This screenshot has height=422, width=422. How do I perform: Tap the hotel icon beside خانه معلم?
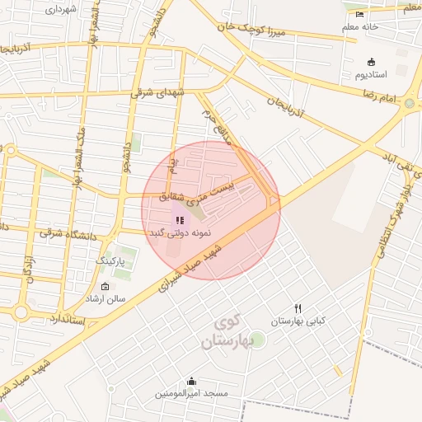point(359,14)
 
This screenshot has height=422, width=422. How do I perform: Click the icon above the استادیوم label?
point(371,62)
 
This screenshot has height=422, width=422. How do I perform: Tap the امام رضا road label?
point(380,97)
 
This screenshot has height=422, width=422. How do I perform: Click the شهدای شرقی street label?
point(159,93)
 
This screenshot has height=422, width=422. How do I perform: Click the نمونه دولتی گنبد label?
point(180,233)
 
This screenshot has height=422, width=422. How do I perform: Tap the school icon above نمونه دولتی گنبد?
point(180,220)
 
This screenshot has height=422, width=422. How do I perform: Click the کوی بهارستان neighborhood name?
point(225,331)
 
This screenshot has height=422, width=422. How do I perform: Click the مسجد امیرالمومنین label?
point(192,394)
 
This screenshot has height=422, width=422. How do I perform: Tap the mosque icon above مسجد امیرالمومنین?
point(192,381)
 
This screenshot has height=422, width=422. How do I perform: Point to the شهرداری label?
point(59,9)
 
